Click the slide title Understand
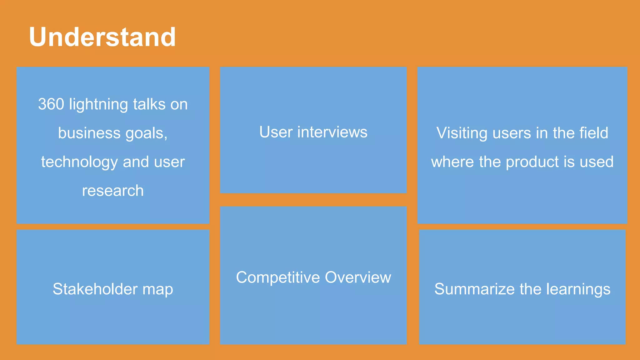[x=102, y=37]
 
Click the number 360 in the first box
[x=51, y=104]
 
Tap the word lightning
[x=98, y=105]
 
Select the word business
[x=89, y=133]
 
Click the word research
[x=113, y=191]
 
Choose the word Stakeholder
[x=95, y=289]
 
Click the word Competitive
[x=278, y=277]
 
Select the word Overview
[x=358, y=277]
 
